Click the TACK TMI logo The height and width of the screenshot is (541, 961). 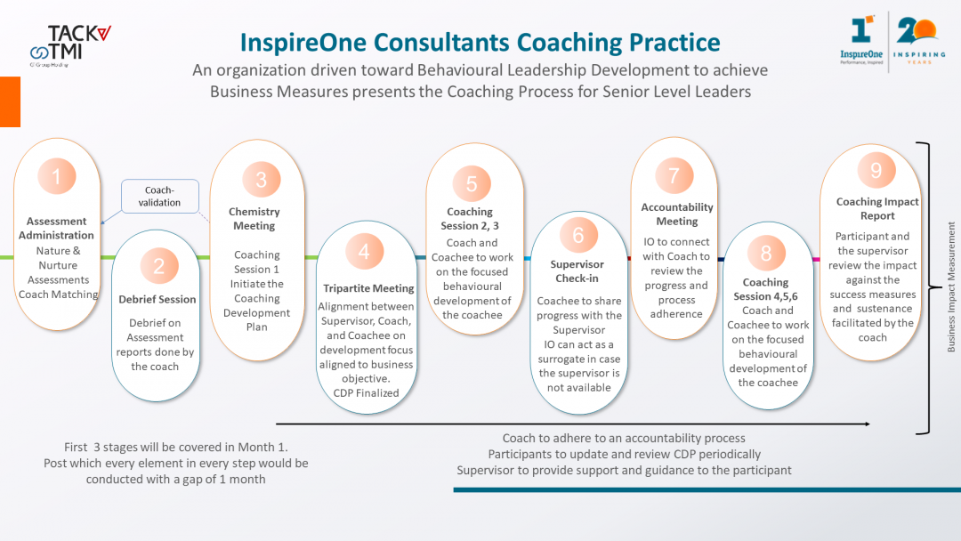[70, 45]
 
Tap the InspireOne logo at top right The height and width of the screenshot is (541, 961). [861, 40]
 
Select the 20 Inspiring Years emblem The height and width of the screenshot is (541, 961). [918, 40]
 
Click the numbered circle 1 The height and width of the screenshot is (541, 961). [56, 176]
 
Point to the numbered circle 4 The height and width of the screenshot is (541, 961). [364, 251]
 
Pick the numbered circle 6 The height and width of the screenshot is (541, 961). [578, 235]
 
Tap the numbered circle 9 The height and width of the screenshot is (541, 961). [876, 170]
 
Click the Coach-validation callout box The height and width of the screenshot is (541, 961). [160, 196]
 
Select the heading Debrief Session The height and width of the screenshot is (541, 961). [157, 299]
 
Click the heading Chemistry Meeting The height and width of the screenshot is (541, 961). [254, 218]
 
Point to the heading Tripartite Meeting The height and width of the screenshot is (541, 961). [368, 288]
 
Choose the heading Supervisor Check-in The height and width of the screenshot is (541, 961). [577, 270]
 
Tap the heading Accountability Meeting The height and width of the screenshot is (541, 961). [677, 214]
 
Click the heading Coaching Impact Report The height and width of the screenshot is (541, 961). [877, 208]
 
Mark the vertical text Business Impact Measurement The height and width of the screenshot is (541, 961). [951, 287]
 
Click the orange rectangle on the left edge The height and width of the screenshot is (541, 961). [10, 101]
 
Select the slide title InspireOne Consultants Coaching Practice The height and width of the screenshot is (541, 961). [480, 43]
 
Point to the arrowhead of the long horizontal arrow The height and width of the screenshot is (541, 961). [868, 424]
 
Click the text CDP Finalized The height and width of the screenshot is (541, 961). [366, 392]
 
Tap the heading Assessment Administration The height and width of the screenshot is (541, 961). [56, 228]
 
